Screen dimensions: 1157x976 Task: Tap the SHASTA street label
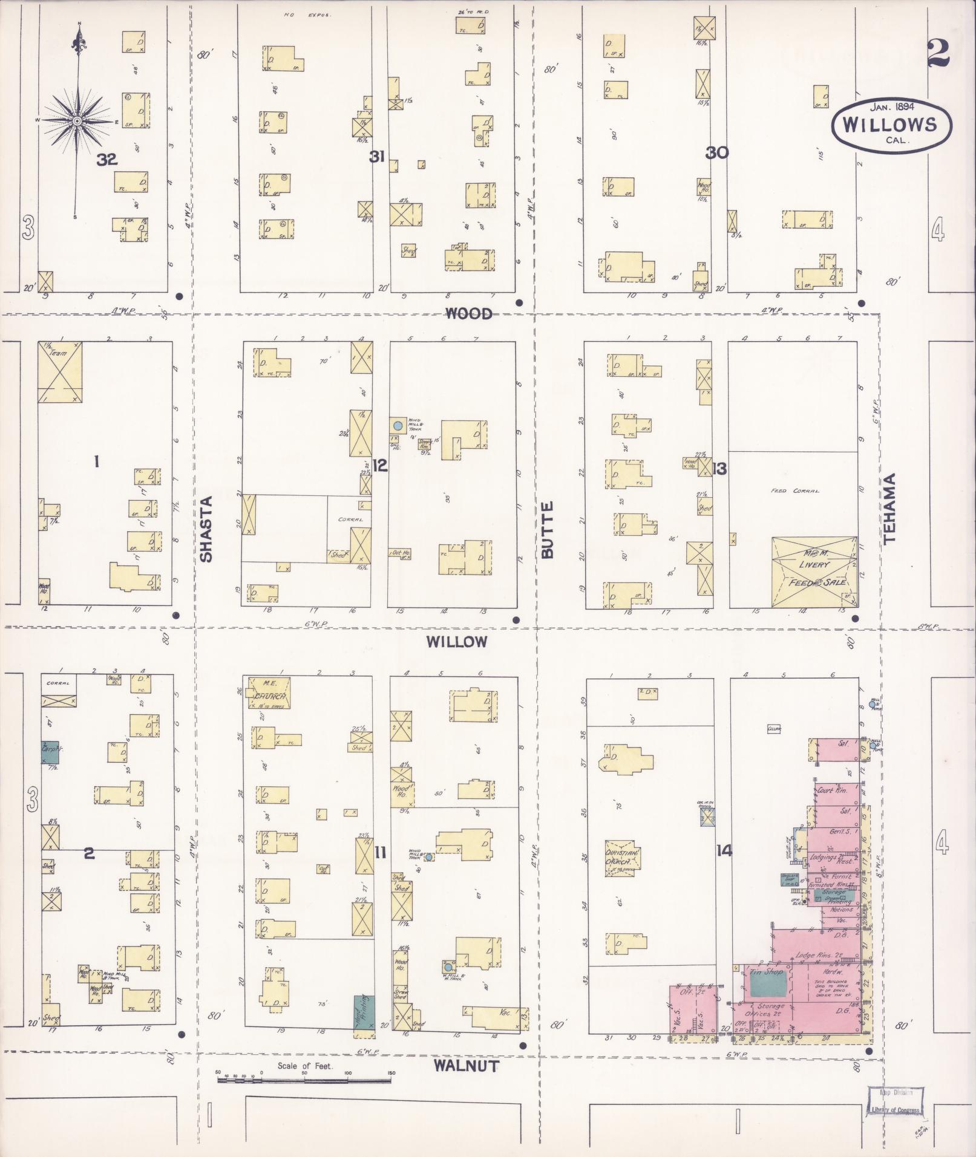click(x=207, y=529)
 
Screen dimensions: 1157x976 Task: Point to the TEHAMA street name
click(x=889, y=509)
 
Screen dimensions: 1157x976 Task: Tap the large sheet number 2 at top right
click(x=937, y=54)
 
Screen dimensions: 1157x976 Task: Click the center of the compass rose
click(x=78, y=121)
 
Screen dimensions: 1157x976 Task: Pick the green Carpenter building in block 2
click(x=50, y=751)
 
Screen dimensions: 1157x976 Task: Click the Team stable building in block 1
click(x=59, y=372)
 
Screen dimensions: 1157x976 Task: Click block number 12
click(x=379, y=466)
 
